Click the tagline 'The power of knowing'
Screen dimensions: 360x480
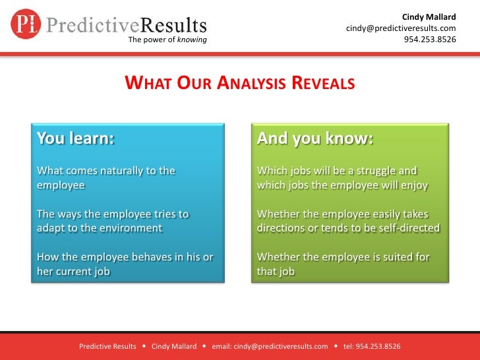click(x=167, y=40)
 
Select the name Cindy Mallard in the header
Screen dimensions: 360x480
click(x=429, y=16)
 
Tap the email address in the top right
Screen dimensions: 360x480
click(x=401, y=28)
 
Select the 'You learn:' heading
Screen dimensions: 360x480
click(x=75, y=139)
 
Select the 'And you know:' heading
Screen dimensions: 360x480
click(x=315, y=139)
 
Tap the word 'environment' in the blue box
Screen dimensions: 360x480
click(x=129, y=228)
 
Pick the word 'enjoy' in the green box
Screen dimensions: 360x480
click(x=413, y=185)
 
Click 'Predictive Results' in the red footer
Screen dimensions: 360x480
click(x=107, y=346)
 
